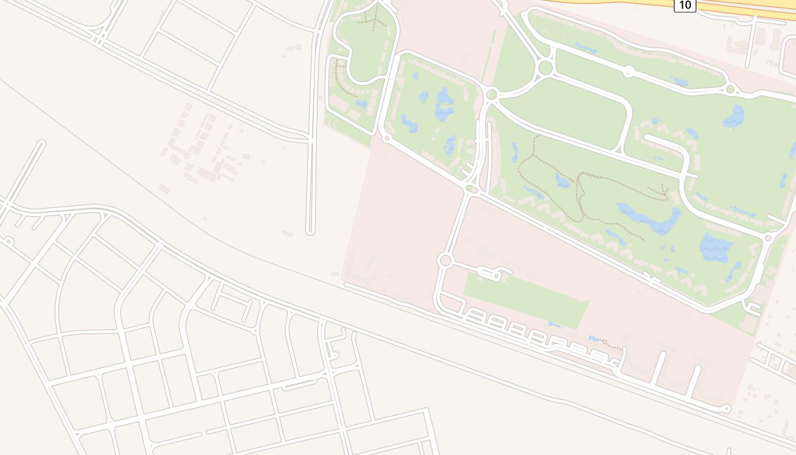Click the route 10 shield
(x=685, y=5)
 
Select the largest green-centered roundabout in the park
(x=545, y=68)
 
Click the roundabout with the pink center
(x=445, y=260)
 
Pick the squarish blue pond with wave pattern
(x=715, y=247)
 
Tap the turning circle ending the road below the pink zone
(x=726, y=408)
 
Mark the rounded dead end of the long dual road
(x=310, y=231)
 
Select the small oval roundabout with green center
(x=471, y=188)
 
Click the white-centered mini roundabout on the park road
(x=629, y=71)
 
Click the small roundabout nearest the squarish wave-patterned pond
(x=768, y=238)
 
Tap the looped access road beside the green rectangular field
(x=489, y=274)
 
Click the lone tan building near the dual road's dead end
(x=287, y=233)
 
